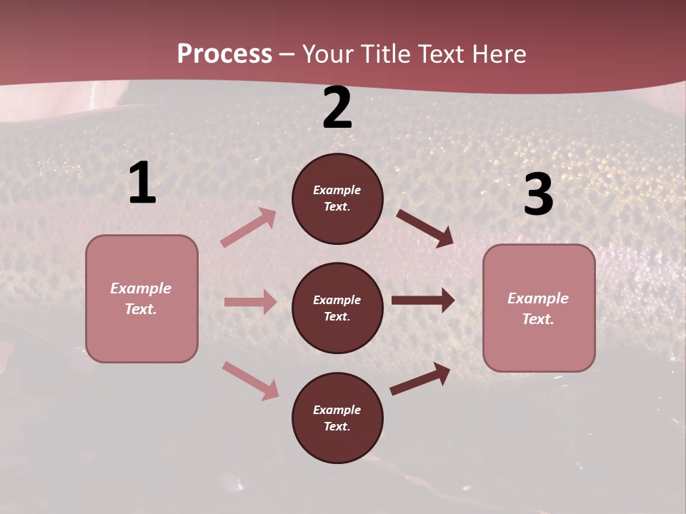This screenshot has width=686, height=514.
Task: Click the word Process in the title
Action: tap(224, 54)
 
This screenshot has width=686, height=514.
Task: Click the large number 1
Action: tap(142, 183)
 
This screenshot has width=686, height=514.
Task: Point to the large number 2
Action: tap(337, 108)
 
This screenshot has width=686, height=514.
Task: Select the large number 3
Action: tap(538, 194)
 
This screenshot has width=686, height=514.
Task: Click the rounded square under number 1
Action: tap(141, 298)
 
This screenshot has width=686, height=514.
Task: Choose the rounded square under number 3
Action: tap(539, 308)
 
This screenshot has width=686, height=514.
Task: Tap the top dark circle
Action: tap(337, 198)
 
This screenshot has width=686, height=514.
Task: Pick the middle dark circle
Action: tap(337, 308)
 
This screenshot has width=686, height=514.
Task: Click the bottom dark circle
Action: tap(337, 418)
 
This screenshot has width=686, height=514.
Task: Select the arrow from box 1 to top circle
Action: tap(249, 228)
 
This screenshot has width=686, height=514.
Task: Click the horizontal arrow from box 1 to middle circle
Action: tap(250, 302)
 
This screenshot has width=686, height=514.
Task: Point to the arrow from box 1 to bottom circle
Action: tap(250, 381)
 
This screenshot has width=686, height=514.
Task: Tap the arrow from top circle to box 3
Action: tap(424, 228)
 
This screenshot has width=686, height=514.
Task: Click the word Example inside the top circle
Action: tap(337, 190)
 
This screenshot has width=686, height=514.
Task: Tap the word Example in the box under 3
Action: tap(538, 298)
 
